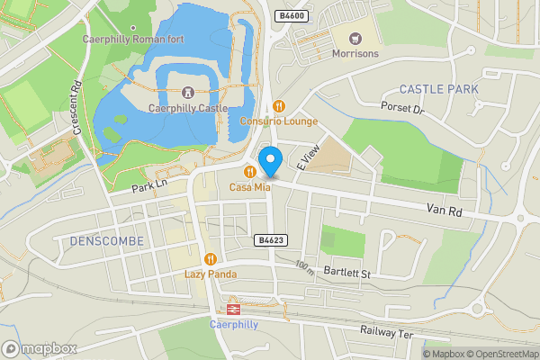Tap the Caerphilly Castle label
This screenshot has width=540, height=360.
(x=186, y=108)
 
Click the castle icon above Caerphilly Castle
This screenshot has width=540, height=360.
(x=187, y=92)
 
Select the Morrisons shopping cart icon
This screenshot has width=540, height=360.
(x=354, y=38)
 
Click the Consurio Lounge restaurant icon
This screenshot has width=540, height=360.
(x=278, y=105)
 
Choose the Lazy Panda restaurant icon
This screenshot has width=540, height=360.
(x=210, y=258)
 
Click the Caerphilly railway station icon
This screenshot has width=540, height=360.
(x=232, y=309)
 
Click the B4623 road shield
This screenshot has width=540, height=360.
(x=270, y=240)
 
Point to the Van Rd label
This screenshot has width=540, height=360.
(x=445, y=210)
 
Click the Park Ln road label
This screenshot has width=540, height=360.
(x=149, y=187)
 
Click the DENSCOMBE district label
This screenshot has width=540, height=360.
(x=100, y=241)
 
